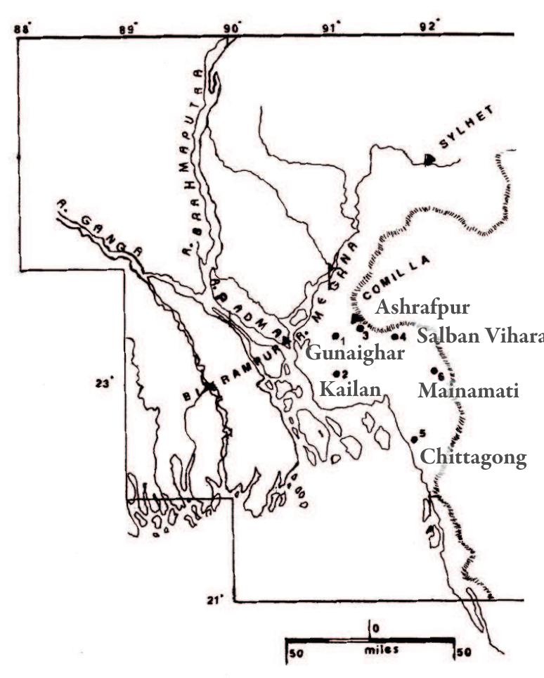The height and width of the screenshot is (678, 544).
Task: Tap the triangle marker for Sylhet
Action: point(430,160)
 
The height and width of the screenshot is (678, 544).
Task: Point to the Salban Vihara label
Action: point(480,336)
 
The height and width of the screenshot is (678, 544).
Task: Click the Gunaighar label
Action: point(355,352)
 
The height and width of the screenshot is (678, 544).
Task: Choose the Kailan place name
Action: point(350,389)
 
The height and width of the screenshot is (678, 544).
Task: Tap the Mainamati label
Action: point(468,390)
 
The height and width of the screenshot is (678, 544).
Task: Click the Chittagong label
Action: point(472,458)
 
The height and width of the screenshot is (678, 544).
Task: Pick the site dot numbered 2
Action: point(337,373)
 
